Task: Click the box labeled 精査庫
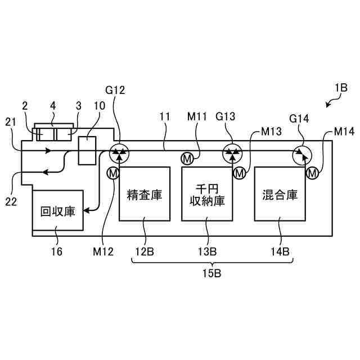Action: tap(145, 195)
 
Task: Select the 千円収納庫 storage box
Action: tap(207, 195)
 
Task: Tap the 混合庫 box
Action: tap(280, 195)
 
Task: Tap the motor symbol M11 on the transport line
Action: tap(187, 159)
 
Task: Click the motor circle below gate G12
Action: tap(113, 173)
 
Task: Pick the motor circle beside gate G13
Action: tap(240, 173)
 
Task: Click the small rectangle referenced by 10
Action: tap(87, 150)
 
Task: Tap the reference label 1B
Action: tap(340, 88)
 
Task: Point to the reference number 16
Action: tap(57, 251)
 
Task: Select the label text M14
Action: tap(344, 132)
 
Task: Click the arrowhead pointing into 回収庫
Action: tap(87, 211)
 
